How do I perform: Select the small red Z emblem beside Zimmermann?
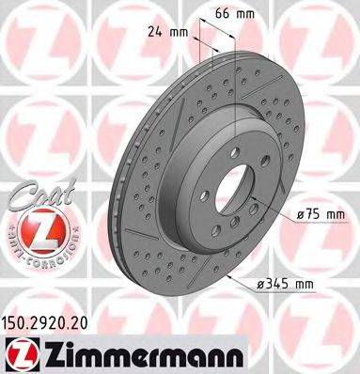point(19,351)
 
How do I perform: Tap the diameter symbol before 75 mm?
point(301,215)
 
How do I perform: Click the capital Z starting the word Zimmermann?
point(48,351)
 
